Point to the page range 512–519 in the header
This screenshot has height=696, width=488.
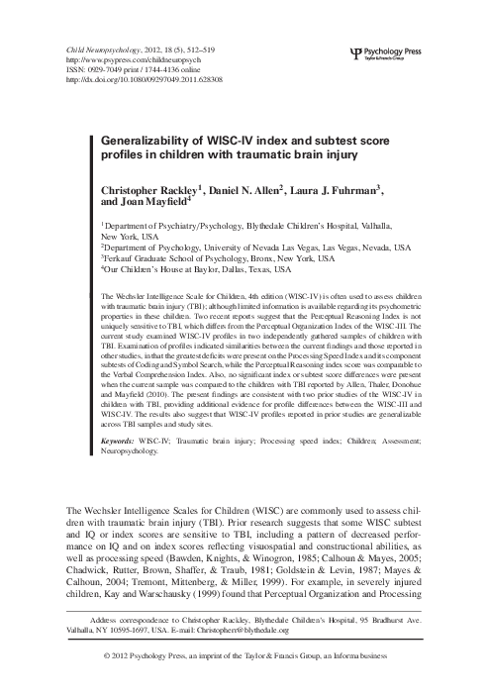[x=210, y=48]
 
